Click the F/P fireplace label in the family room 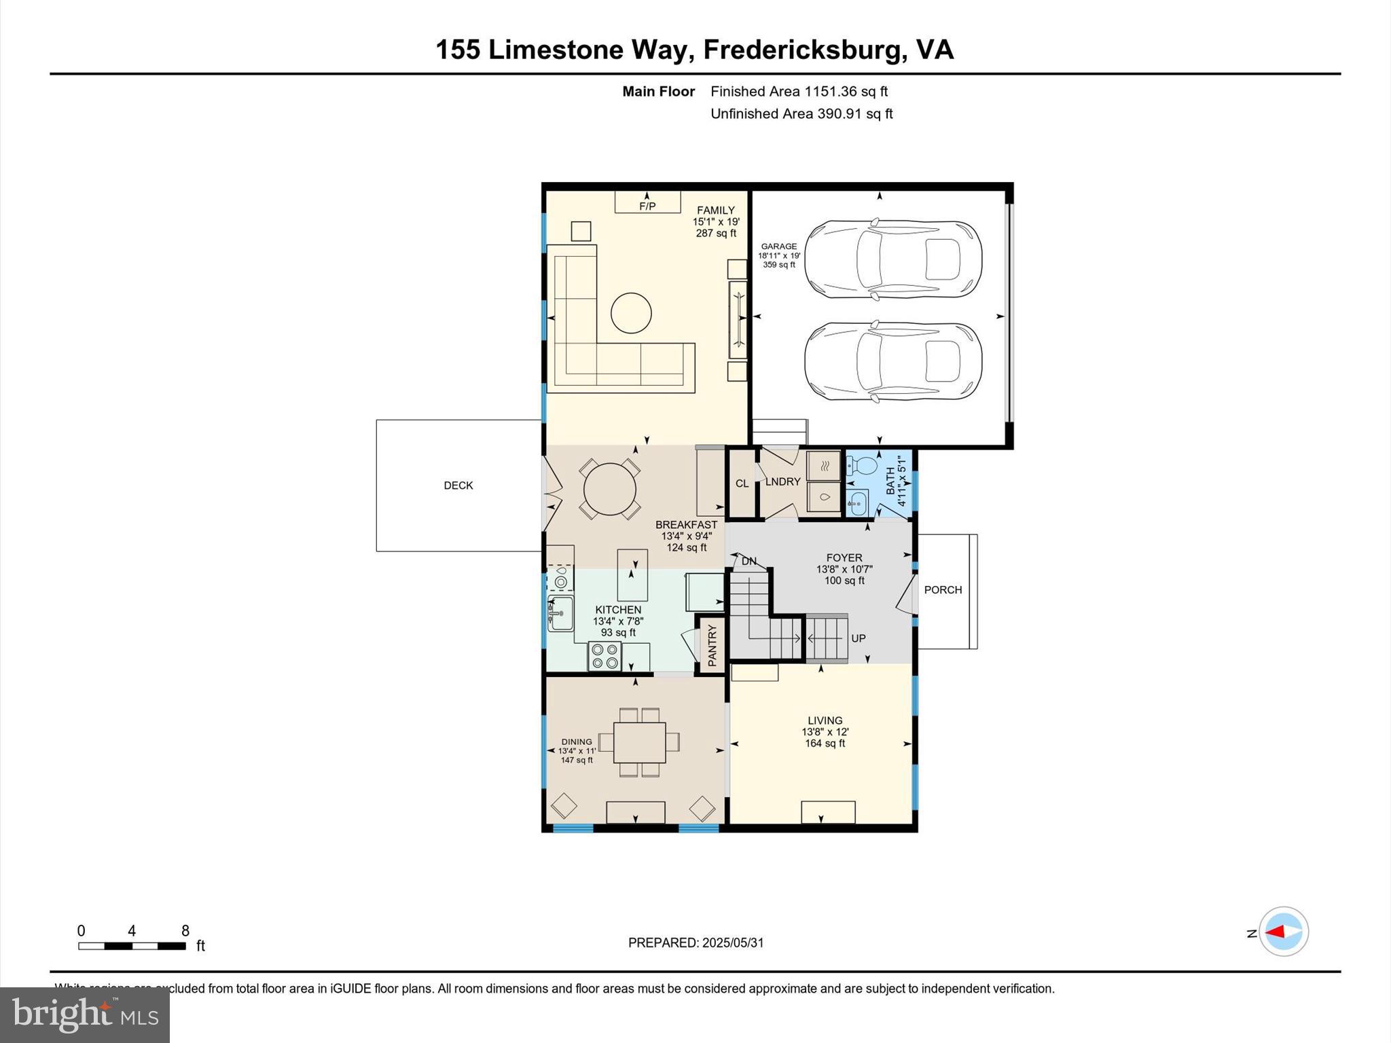(x=647, y=206)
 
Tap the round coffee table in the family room (x=631, y=313)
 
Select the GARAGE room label (x=778, y=246)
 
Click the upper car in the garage (x=892, y=259)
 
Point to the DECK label (x=458, y=486)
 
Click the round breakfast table (x=609, y=489)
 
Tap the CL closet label (x=742, y=483)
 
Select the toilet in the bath (x=863, y=466)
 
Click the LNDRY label (x=782, y=481)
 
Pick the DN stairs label (x=748, y=562)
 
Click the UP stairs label (x=858, y=638)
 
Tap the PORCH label (x=943, y=590)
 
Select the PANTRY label (x=712, y=645)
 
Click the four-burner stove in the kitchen (x=604, y=656)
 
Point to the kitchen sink (x=561, y=614)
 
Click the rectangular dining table (x=640, y=743)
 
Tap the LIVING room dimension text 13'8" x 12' (x=825, y=732)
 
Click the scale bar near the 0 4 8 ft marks (x=132, y=946)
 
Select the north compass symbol (x=1283, y=932)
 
